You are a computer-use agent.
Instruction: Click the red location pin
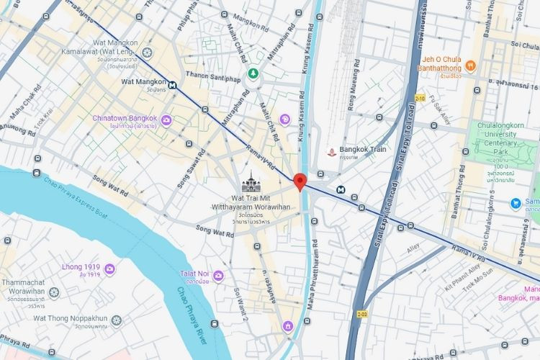pos(300,181)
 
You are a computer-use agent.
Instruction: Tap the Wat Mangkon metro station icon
pos(174,84)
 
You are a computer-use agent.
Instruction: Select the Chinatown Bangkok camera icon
pos(167,119)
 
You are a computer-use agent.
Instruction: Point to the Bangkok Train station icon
pos(330,152)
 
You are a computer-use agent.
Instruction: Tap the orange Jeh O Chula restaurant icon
pos(470,66)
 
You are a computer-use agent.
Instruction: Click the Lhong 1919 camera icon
pos(110,269)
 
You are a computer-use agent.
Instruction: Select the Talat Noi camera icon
pos(218,276)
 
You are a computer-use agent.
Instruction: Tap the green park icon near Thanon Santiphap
pos(253,73)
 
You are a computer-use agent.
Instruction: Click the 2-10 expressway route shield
pos(420,98)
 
